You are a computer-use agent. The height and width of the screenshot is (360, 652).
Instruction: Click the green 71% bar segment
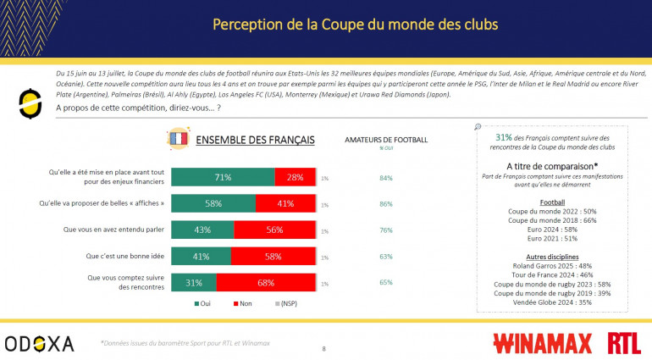(223, 177)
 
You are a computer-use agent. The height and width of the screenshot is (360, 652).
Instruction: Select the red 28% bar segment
(295, 177)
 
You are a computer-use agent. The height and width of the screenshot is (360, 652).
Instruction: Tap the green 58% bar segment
(213, 203)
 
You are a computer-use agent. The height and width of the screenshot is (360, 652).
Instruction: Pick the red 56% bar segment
(274, 230)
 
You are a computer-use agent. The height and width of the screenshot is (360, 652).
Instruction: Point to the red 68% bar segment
(265, 282)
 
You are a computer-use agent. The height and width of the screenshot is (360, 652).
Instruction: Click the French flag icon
(179, 139)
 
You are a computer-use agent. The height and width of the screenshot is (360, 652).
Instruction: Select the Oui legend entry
(203, 303)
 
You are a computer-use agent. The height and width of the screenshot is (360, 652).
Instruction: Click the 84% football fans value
(387, 177)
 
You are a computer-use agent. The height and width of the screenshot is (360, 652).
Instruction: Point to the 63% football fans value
(387, 256)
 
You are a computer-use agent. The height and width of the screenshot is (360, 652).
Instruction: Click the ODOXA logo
(39, 343)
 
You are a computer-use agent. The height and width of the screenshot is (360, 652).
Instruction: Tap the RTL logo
(624, 343)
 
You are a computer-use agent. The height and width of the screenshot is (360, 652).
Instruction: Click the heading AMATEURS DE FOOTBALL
(387, 139)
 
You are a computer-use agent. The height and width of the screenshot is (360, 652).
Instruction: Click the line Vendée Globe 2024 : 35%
(553, 302)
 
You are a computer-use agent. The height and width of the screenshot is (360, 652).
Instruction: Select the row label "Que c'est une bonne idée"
(117, 256)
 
